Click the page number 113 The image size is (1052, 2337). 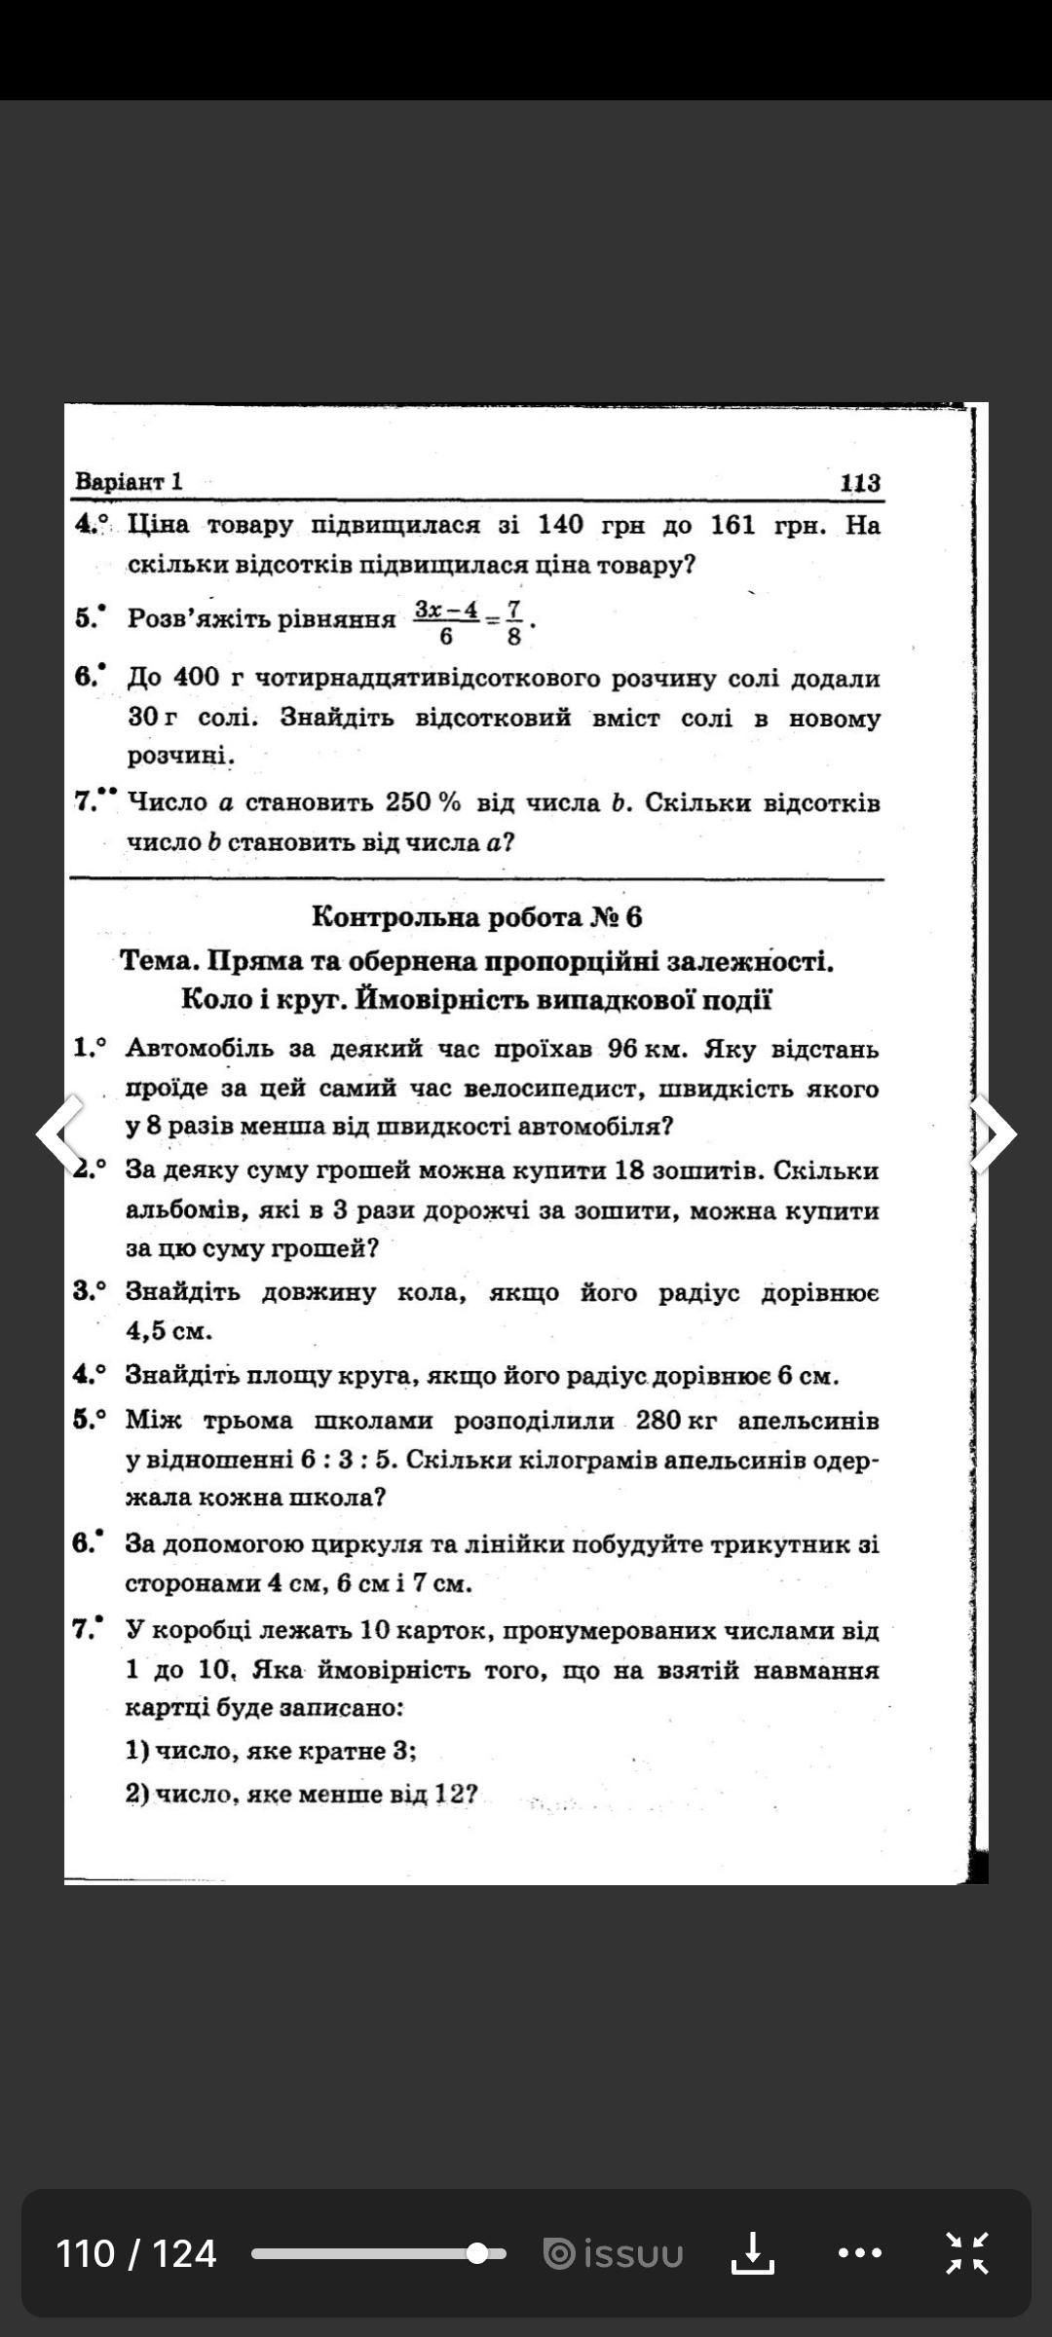(x=860, y=483)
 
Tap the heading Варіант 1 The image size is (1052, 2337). (x=129, y=482)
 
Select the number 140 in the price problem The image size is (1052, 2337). (x=560, y=526)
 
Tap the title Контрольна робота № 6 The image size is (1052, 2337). (x=476, y=917)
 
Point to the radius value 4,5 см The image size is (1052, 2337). (x=169, y=1331)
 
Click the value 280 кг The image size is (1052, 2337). (x=676, y=1421)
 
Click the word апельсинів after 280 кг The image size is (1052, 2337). (x=808, y=1421)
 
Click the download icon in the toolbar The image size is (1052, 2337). (x=752, y=2253)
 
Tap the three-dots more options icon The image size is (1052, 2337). (x=859, y=2253)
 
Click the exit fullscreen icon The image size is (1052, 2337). (x=967, y=2253)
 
